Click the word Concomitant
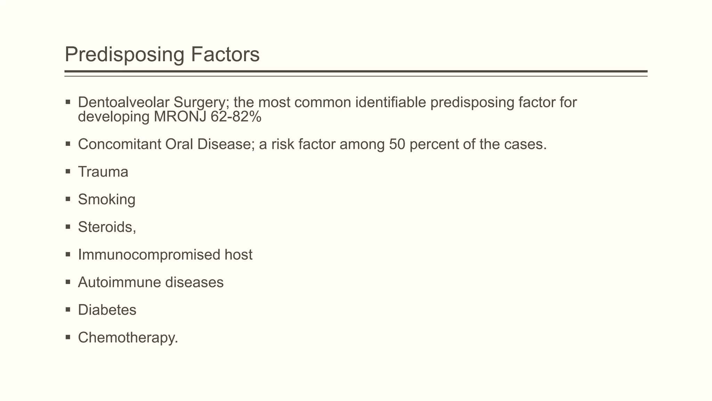click(x=119, y=144)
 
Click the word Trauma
click(x=103, y=172)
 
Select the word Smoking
click(x=106, y=199)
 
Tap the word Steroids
click(x=105, y=227)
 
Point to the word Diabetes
click(x=107, y=310)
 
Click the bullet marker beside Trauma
click(x=68, y=171)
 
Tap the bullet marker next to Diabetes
click(x=68, y=309)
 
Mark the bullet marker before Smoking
click(x=68, y=199)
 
